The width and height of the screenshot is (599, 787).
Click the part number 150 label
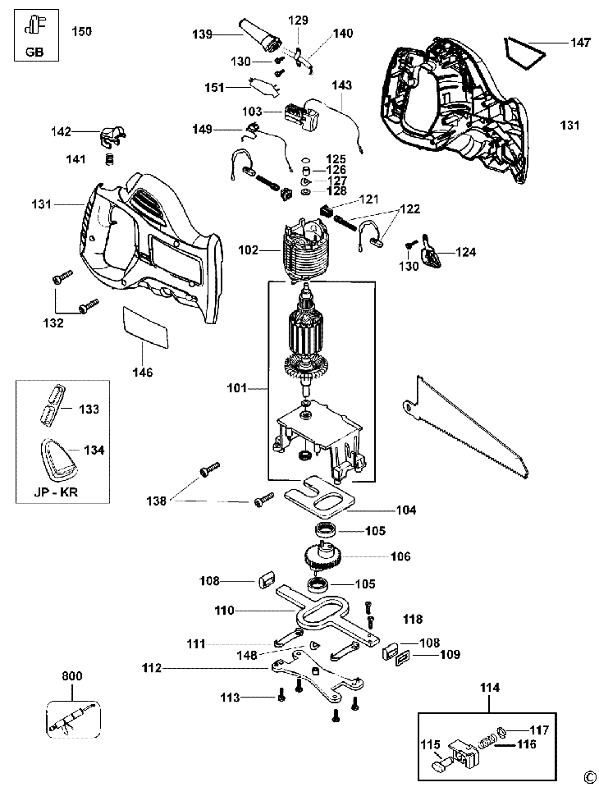[81, 32]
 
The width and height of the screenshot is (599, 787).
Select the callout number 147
[580, 43]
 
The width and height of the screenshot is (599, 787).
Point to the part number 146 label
[143, 372]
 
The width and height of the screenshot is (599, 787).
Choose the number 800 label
[72, 677]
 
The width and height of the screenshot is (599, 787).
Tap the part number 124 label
[466, 252]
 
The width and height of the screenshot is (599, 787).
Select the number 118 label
[414, 618]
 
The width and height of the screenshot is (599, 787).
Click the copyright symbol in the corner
[587, 775]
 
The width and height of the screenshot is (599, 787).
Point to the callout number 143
[341, 85]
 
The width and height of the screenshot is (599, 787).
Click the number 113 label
[230, 698]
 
